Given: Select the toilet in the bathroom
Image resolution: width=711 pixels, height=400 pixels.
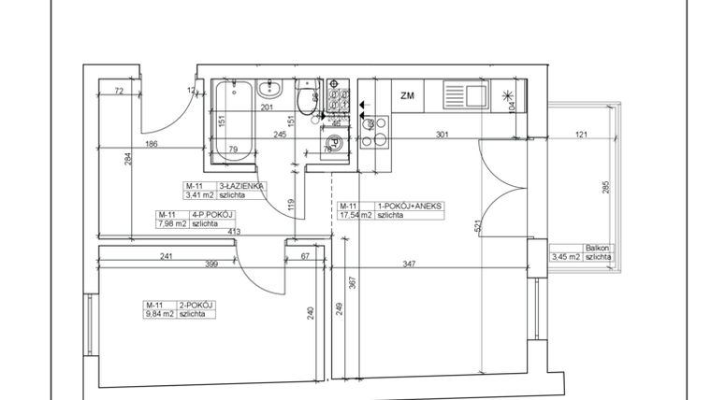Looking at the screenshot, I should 305,99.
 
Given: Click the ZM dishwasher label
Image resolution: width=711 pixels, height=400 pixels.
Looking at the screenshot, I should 407,94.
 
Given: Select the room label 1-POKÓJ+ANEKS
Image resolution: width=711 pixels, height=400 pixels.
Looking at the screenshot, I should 405,206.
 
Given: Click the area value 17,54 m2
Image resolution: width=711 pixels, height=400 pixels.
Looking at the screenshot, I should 356,215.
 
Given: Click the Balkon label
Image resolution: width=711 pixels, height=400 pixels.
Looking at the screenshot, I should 597,248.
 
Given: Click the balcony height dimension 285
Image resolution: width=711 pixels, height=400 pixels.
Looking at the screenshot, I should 606,188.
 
